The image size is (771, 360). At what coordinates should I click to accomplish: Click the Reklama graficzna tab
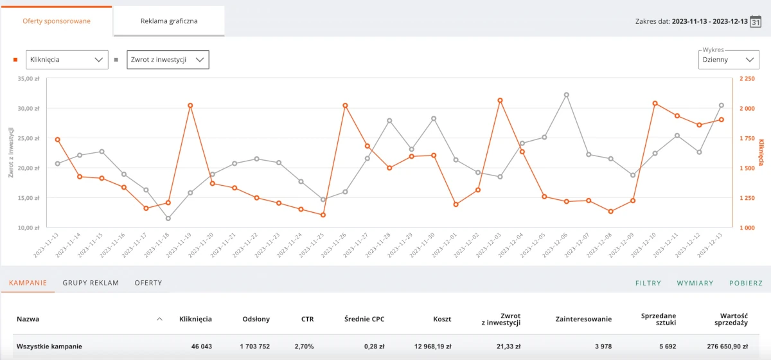pyautogui.click(x=169, y=21)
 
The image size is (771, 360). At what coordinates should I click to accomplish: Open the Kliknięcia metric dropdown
pyautogui.click(x=67, y=60)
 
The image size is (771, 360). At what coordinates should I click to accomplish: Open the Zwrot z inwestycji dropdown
pyautogui.click(x=168, y=60)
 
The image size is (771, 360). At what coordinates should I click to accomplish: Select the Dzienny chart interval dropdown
pyautogui.click(x=729, y=60)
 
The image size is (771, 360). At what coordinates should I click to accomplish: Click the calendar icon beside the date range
pyautogui.click(x=756, y=21)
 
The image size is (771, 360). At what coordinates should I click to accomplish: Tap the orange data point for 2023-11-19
pyautogui.click(x=190, y=105)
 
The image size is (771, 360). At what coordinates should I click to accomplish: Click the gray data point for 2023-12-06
pyautogui.click(x=567, y=94)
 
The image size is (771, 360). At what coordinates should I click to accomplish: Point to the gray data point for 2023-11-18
pyautogui.click(x=168, y=219)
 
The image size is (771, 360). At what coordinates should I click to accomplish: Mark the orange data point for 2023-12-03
pyautogui.click(x=500, y=100)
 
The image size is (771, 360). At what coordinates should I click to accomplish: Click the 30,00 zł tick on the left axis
pyautogui.click(x=28, y=109)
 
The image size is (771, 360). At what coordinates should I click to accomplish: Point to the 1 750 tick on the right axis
pyautogui.click(x=747, y=138)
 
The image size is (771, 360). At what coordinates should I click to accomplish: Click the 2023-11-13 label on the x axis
pyautogui.click(x=46, y=246)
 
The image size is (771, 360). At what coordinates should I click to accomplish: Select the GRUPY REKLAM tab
pyautogui.click(x=91, y=283)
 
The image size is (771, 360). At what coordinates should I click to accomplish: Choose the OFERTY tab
pyautogui.click(x=148, y=283)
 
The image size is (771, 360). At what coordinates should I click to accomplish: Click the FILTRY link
pyautogui.click(x=648, y=283)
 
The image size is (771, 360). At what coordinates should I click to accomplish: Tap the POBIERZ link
pyautogui.click(x=746, y=283)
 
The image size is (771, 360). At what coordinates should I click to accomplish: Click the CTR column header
pyautogui.click(x=307, y=319)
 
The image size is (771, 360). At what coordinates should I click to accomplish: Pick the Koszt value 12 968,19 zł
pyautogui.click(x=432, y=346)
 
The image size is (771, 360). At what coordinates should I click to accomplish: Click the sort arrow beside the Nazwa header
pyautogui.click(x=159, y=319)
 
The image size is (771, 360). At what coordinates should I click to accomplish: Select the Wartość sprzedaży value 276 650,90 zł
pyautogui.click(x=727, y=346)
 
